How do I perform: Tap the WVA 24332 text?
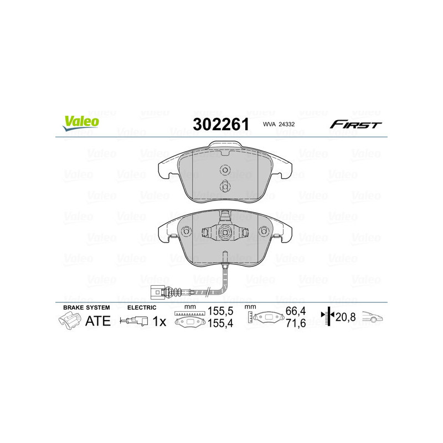click(x=280, y=125)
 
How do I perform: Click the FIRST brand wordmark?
click(x=356, y=125)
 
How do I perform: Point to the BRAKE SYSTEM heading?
click(x=86, y=307)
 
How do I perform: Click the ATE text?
click(x=97, y=321)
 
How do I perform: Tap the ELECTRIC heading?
click(x=142, y=307)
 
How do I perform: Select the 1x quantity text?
click(x=159, y=321)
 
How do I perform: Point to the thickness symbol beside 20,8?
click(x=328, y=317)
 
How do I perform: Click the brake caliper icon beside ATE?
click(x=69, y=320)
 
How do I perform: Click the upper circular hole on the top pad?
click(x=225, y=170)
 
